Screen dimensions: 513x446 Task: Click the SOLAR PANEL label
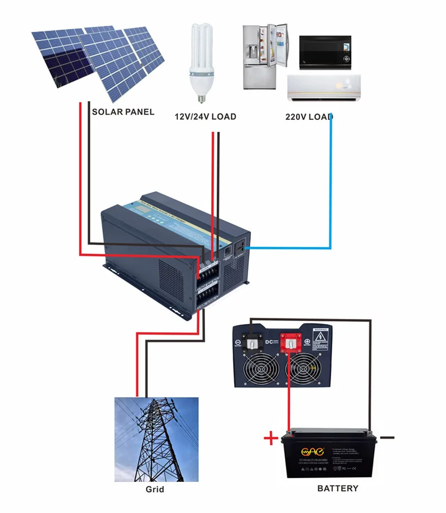point(123,112)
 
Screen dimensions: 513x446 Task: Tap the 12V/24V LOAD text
point(206,117)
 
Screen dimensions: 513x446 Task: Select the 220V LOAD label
point(308,117)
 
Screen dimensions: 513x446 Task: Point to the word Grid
point(155,490)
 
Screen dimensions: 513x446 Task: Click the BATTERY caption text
point(337,488)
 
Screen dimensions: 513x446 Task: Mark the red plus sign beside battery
point(270,439)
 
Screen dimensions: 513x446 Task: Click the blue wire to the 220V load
point(331,184)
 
